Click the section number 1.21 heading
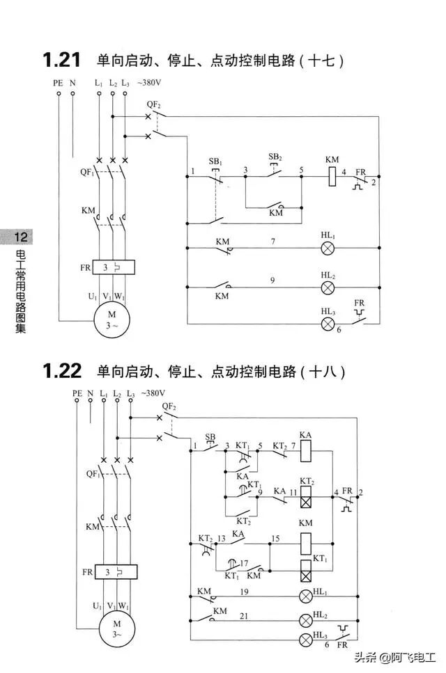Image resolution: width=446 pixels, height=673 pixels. pyautogui.click(x=62, y=60)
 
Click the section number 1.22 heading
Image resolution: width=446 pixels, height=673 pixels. pyautogui.click(x=62, y=372)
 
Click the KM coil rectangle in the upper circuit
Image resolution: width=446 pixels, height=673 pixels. pyautogui.click(x=332, y=177)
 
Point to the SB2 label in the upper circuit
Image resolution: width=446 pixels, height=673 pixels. pyautogui.click(x=276, y=157)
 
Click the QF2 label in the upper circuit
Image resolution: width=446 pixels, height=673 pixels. pyautogui.click(x=154, y=104)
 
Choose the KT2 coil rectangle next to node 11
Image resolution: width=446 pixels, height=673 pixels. pyautogui.click(x=305, y=497)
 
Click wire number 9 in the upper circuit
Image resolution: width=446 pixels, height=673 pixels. pyautogui.click(x=272, y=280)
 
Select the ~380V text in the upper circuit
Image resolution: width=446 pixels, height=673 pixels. pyautogui.click(x=150, y=83)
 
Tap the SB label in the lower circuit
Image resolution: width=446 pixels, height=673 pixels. pyautogui.click(x=210, y=437)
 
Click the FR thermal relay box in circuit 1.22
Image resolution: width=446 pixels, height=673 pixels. pyautogui.click(x=116, y=572)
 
